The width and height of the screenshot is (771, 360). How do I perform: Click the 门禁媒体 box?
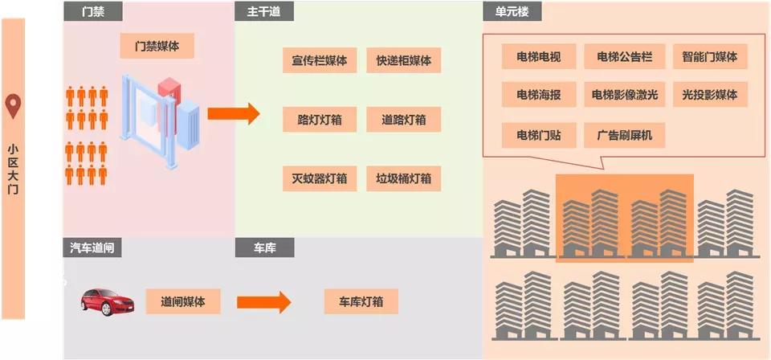click(x=157, y=47)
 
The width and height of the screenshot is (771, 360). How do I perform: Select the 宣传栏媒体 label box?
click(x=320, y=60)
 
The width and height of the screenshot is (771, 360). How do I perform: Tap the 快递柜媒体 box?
click(x=403, y=60)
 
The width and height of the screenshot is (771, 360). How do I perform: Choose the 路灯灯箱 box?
click(x=320, y=120)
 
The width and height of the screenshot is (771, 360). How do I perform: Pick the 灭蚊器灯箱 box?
click(x=320, y=178)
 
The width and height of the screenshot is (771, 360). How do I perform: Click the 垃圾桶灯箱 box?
click(x=403, y=178)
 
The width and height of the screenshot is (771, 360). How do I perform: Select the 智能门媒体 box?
click(x=709, y=57)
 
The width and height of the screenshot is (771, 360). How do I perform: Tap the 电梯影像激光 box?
click(x=624, y=95)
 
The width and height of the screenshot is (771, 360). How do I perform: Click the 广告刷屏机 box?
click(x=624, y=134)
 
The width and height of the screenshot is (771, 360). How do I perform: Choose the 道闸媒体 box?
click(x=183, y=301)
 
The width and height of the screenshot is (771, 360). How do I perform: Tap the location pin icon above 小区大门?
click(x=13, y=106)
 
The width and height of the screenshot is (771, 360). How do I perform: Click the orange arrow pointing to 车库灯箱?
click(x=263, y=302)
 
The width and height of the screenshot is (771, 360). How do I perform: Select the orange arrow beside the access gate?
click(x=233, y=113)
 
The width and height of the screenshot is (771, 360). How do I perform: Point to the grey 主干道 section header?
click(x=264, y=11)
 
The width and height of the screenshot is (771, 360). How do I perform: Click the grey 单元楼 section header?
click(x=512, y=11)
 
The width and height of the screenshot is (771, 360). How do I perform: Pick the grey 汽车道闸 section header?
click(x=92, y=248)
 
